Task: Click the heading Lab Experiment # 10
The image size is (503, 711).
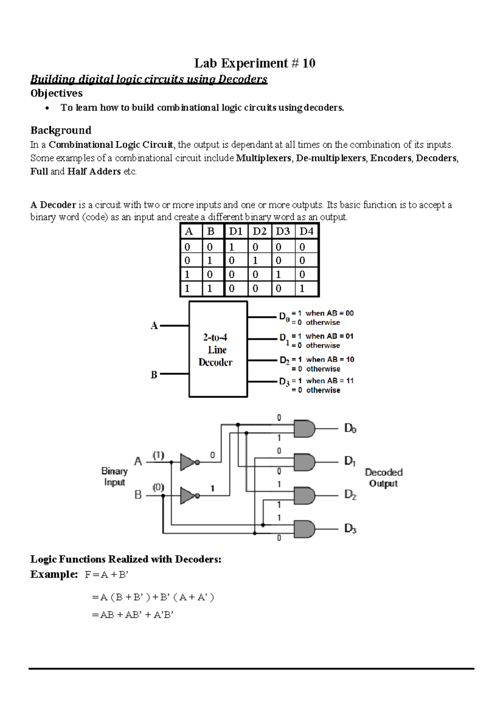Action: (254, 63)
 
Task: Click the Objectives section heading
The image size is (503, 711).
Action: (56, 93)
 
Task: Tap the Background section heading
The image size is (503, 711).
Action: (61, 130)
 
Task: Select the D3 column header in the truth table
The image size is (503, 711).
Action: (283, 231)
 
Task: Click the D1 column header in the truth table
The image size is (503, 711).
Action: (236, 231)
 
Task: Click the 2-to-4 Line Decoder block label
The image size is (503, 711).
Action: (216, 350)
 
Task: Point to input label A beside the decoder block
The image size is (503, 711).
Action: (154, 326)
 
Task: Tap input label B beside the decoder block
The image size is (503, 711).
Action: (154, 374)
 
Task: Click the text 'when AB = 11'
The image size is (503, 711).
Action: (330, 381)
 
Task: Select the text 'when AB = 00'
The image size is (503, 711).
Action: (329, 313)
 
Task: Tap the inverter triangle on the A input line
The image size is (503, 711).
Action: (187, 462)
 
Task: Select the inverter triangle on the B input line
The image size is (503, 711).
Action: (187, 496)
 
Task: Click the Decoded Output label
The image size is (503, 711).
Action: (383, 478)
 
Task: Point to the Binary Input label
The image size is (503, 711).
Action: (114, 477)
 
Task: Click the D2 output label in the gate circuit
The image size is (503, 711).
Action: (350, 495)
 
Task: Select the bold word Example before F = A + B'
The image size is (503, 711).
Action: (54, 574)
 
